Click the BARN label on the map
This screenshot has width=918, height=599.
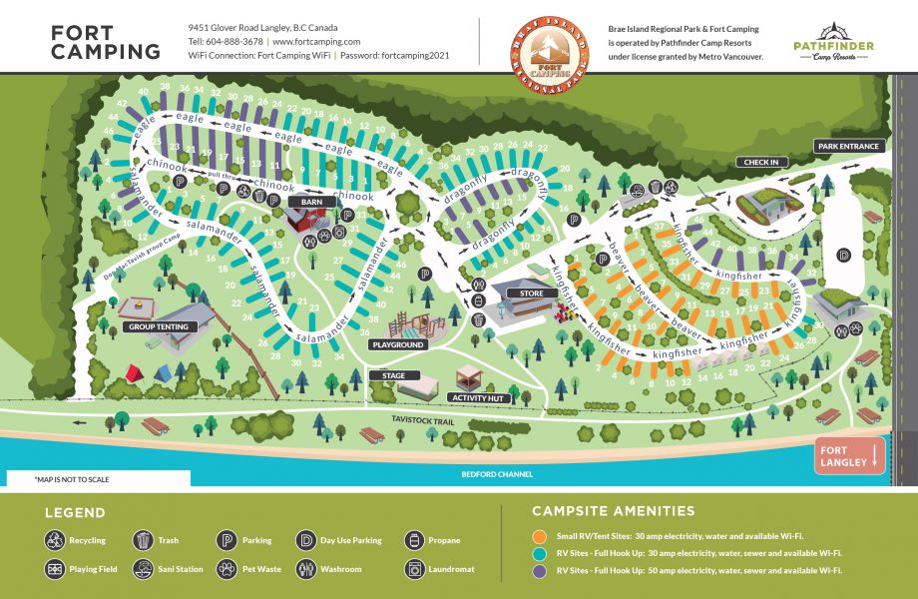point(303,202)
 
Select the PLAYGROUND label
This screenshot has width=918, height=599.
point(399,344)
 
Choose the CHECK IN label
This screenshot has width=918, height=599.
point(760,162)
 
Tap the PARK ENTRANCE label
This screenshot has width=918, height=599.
point(848,147)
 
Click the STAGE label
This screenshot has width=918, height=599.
point(393,376)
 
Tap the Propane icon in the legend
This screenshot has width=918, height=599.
point(414,540)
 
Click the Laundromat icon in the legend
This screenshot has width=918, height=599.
point(414,569)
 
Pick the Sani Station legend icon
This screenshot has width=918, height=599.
point(141,569)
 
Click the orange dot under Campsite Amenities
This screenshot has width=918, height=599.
point(539,536)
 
